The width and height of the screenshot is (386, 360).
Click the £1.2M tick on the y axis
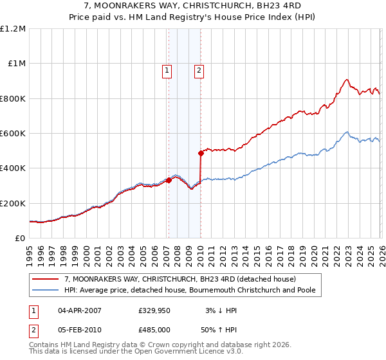point(13,29)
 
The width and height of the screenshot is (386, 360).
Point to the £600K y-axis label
point(13,134)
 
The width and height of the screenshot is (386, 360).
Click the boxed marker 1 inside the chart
point(167,71)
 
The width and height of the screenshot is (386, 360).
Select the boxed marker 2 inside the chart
point(199,71)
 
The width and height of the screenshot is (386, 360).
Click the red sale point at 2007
point(169,181)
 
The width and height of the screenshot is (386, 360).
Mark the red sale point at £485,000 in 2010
point(201,153)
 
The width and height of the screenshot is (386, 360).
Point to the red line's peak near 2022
point(346,80)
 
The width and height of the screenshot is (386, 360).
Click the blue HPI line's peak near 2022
point(346,132)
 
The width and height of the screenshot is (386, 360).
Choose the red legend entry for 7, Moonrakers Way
point(180,279)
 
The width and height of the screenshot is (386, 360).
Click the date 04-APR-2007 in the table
point(80,310)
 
